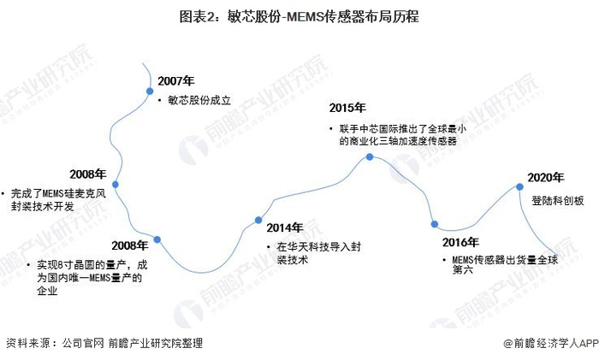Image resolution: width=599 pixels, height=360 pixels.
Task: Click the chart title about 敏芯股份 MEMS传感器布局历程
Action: (299, 16)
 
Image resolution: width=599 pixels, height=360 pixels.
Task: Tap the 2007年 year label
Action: (176, 80)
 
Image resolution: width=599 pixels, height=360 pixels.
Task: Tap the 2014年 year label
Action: (284, 227)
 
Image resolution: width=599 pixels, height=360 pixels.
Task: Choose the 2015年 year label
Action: (347, 108)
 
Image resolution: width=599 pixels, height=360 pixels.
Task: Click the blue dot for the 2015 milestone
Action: (370, 156)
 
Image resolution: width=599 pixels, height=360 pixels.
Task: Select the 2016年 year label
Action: (460, 242)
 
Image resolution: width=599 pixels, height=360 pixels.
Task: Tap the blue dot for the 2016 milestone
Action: (435, 224)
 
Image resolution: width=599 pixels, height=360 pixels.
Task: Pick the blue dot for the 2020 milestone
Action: (519, 186)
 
